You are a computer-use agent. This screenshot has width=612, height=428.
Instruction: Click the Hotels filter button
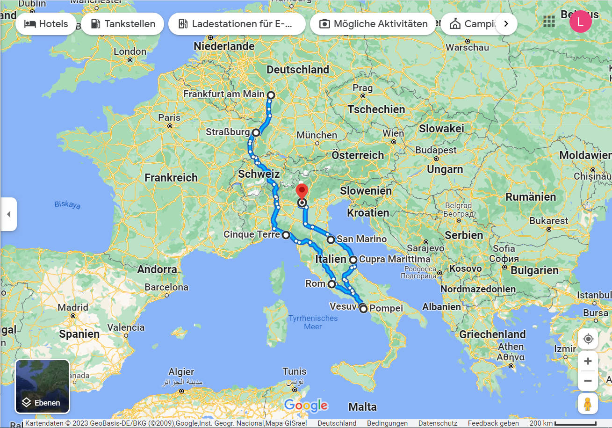point(46,24)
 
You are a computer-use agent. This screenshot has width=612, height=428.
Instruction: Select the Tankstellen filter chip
point(122,24)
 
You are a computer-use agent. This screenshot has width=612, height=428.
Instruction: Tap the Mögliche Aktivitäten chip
point(373,24)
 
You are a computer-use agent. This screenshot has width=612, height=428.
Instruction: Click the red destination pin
point(302,192)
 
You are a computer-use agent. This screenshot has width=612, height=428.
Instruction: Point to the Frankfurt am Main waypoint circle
point(271,95)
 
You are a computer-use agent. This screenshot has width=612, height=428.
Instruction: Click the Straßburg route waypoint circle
point(256,132)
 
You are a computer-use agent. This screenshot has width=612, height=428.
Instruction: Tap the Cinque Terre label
point(252,235)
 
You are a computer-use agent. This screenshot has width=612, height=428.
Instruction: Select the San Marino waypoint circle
point(331,240)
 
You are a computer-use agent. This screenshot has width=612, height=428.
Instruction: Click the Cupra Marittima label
point(395,259)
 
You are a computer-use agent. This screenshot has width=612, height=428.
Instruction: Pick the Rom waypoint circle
point(331,284)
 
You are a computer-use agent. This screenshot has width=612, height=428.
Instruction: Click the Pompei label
point(386,309)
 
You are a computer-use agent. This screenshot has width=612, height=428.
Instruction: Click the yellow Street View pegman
point(588,403)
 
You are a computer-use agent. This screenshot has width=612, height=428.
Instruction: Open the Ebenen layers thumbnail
point(43,386)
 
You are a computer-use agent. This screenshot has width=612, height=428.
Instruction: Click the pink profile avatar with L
point(580,22)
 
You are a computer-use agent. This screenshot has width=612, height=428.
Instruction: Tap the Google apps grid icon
point(549,22)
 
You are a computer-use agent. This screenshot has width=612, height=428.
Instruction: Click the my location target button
point(588,339)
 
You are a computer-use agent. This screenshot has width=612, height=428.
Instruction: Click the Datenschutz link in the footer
point(438,423)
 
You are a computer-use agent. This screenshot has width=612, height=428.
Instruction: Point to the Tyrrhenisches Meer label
point(313,322)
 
